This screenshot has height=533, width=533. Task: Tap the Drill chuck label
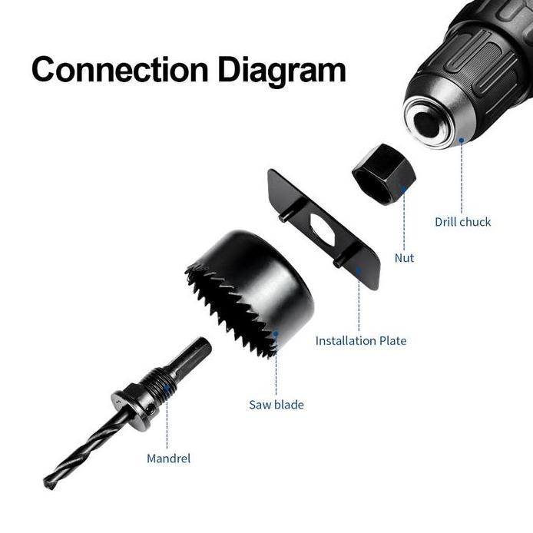462,222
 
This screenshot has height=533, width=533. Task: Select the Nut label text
404,258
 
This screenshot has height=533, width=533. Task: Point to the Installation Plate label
360,340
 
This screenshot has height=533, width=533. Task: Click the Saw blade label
276,404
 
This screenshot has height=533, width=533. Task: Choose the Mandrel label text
168,459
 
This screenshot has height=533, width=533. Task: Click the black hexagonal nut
383,175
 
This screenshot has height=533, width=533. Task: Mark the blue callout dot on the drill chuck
462,141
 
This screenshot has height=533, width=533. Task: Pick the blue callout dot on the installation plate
359,270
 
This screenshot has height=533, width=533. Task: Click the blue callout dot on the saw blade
276,333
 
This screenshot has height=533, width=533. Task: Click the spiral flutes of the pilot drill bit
84,454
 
